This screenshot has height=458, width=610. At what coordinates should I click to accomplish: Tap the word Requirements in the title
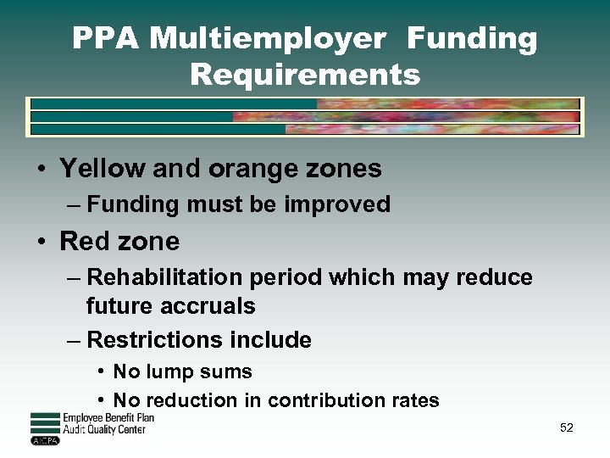pos(305,75)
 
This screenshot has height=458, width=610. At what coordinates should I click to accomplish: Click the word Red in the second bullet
pos(84,242)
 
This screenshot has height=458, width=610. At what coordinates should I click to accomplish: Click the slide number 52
pos(567,427)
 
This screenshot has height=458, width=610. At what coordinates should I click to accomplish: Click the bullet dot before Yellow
pos(41,170)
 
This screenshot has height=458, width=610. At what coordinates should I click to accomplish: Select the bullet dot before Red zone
pos(41,243)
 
